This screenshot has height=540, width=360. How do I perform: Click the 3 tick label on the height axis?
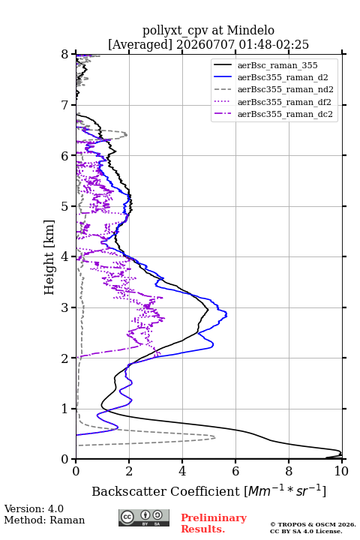tap(64, 307)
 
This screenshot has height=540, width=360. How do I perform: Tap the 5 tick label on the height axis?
tap(64, 206)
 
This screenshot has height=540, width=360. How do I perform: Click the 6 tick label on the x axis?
tap(235, 471)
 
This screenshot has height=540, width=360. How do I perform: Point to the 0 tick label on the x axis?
tap(76, 471)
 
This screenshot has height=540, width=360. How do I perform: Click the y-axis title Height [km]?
tap(49, 257)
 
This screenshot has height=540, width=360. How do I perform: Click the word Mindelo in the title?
tap(250, 30)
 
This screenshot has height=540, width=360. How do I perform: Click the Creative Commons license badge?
tap(144, 517)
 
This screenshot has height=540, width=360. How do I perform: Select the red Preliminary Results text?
tap(214, 523)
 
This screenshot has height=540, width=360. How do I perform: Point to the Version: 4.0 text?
tap(34, 508)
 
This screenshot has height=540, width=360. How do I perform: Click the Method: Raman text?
tap(44, 520)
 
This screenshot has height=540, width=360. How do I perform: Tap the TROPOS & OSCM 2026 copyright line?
tap(313, 524)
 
